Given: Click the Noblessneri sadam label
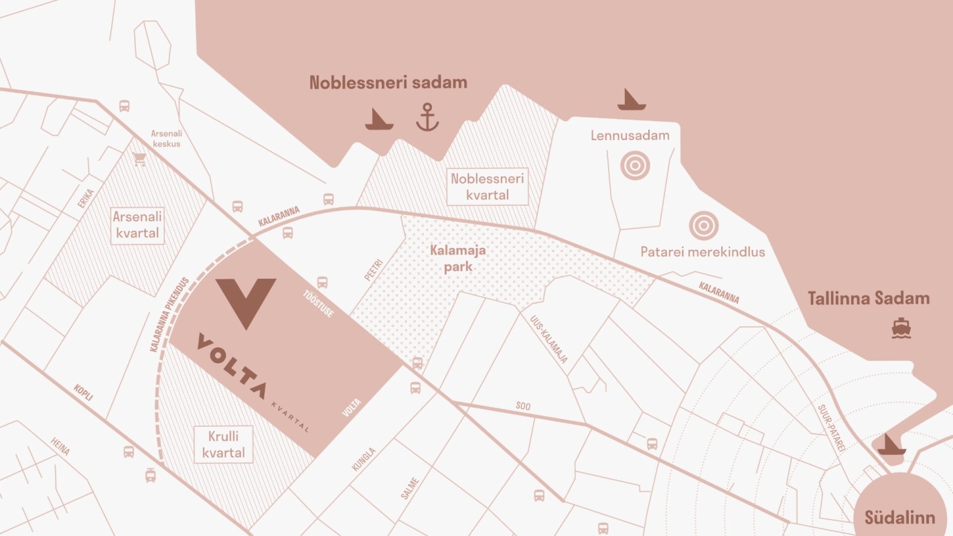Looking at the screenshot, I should pos(388,82).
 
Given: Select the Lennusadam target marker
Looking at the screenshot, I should pos(635,164).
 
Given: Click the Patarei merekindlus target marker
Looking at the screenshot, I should pos(703,226).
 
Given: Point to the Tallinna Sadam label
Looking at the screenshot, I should pos(869,299).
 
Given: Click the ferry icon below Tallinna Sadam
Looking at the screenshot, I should pos(901,328).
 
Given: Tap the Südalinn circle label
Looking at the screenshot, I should pos(899,517).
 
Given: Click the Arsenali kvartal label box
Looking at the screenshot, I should pos(137,224).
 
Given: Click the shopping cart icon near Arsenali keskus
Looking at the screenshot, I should pos(139,159).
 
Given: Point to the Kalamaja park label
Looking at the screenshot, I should pos(458,258).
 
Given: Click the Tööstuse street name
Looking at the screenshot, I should pos(318,303).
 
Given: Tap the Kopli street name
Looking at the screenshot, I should pos(84,393).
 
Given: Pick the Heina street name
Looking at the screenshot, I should pos(60,446).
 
